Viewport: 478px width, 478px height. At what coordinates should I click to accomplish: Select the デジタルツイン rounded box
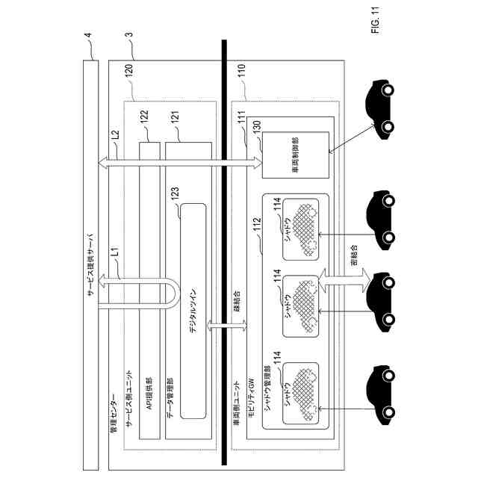[193, 311]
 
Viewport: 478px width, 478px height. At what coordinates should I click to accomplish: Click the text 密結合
[353, 258]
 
